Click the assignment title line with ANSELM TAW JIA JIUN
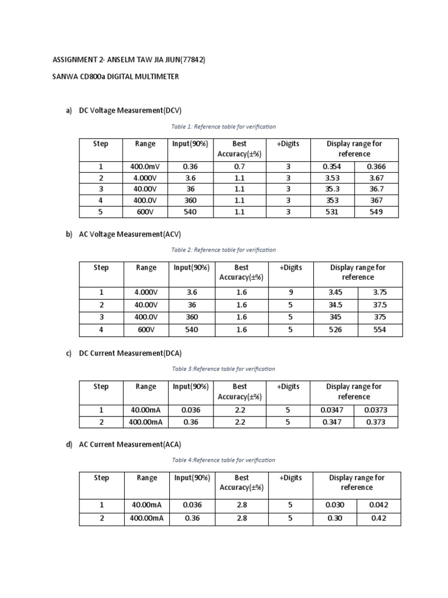click(129, 60)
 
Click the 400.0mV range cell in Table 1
click(145, 166)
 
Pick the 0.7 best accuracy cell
click(239, 166)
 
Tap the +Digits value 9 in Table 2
click(290, 292)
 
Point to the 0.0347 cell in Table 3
click(332, 410)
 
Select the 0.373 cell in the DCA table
click(376, 422)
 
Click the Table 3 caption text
click(223, 369)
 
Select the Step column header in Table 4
click(101, 478)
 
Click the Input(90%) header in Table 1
click(190, 144)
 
